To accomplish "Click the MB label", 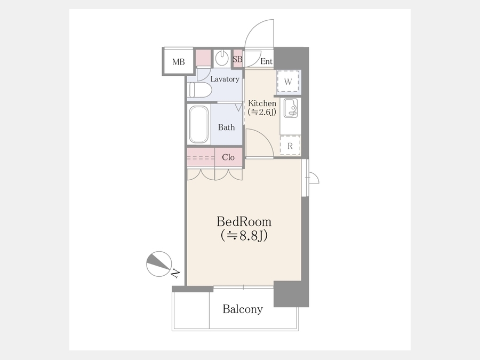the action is coord(179,62).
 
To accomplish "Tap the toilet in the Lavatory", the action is coord(200,90).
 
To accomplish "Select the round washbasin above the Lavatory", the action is coord(221,58).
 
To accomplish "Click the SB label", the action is coord(237,59).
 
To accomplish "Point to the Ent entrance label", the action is coord(266,61).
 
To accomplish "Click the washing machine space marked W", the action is coord(288,82).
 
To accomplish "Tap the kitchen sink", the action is coord(291,108).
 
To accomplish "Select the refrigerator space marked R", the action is coord(290,146).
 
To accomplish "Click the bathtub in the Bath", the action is coord(199,124).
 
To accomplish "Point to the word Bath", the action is coord(226,127).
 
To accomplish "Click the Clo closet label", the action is coord(228,157).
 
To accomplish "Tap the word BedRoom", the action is coord(244,222).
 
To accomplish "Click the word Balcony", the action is coord(243,309).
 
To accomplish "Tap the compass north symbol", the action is coord(159,263).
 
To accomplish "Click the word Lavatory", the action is coord(225,79).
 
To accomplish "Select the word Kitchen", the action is coord(262,103).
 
